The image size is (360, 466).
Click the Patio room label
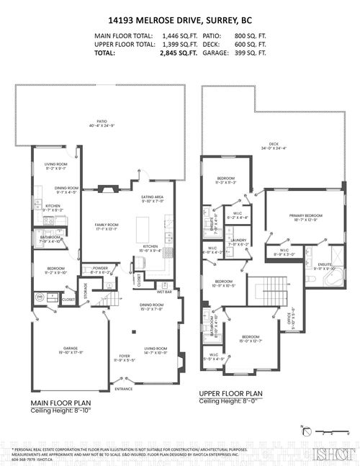point(102,122)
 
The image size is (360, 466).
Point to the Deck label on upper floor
point(274,145)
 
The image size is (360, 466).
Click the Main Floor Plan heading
point(61,403)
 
